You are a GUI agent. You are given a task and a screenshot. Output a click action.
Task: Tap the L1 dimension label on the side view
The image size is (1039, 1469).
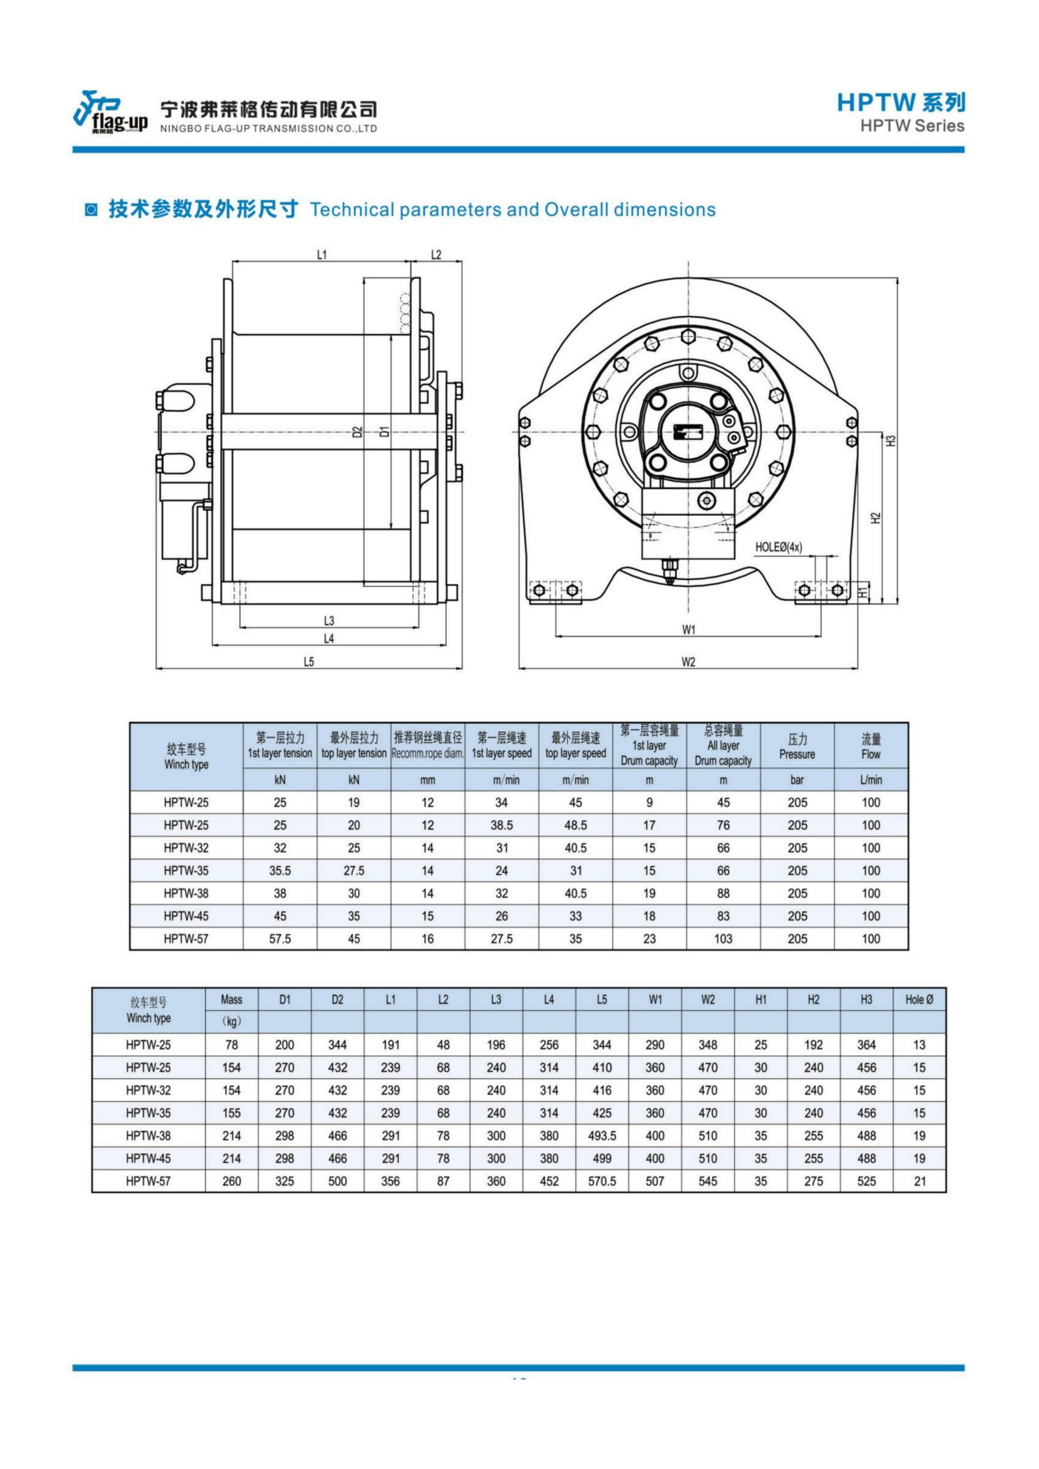(322, 255)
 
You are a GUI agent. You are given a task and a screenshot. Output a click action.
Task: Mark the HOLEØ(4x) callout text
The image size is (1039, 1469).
(779, 547)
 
